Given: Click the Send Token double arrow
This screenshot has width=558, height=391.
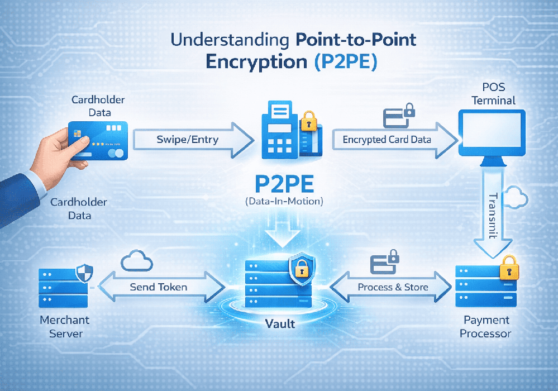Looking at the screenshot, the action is [x=161, y=287].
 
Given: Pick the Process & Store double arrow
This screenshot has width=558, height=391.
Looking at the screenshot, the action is [x=391, y=287].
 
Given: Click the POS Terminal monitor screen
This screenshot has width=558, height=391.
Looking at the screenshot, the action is [x=492, y=132].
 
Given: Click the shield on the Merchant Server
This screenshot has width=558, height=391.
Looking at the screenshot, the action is [x=85, y=273].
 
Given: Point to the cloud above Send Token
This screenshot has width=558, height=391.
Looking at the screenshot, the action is [x=137, y=261].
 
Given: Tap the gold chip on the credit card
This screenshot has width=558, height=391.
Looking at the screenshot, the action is [x=77, y=133].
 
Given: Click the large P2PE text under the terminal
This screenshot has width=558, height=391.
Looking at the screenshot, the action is [x=284, y=184].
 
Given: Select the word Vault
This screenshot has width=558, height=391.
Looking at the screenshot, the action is [x=280, y=324].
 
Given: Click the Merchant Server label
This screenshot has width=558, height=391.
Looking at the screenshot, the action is [x=65, y=327].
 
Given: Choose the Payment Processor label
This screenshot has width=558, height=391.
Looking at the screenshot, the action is [x=486, y=327].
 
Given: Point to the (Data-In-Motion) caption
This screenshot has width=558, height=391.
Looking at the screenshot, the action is [x=284, y=202].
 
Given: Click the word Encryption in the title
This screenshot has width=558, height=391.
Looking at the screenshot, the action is [x=256, y=61].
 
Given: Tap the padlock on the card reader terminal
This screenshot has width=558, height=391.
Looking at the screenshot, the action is [x=308, y=121].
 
